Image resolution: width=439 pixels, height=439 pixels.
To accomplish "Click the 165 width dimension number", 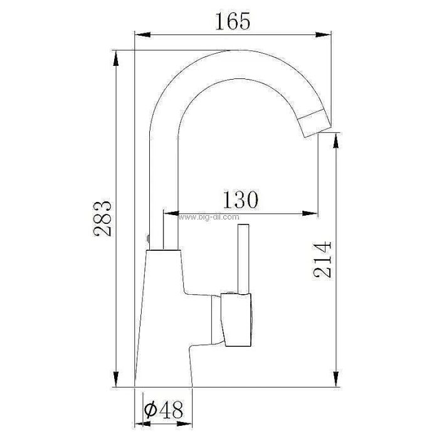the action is tap(233, 21).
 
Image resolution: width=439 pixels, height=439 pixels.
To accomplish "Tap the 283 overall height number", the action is tap(102, 218).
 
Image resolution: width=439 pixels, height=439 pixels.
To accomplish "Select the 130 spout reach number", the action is tap(240, 199).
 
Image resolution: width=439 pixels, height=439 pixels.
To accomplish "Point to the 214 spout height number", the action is tap(322, 260).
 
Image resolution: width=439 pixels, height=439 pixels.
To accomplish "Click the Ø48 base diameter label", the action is tap(164, 410).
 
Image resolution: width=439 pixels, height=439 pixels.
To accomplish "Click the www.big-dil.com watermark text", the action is tap(209, 217).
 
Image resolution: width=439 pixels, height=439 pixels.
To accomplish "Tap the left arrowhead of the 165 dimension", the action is tap(143, 34).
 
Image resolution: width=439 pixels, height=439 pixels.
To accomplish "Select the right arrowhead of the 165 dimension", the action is tap(323, 34).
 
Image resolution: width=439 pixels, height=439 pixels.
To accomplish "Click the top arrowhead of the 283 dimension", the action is tap(115, 58).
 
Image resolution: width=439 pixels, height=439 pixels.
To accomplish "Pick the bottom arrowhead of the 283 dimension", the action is tap(115, 379).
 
